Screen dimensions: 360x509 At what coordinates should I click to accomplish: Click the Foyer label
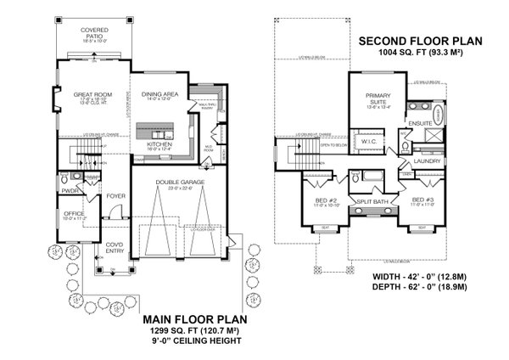point(116,196)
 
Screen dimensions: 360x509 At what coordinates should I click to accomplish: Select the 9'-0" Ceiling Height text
point(195,341)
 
